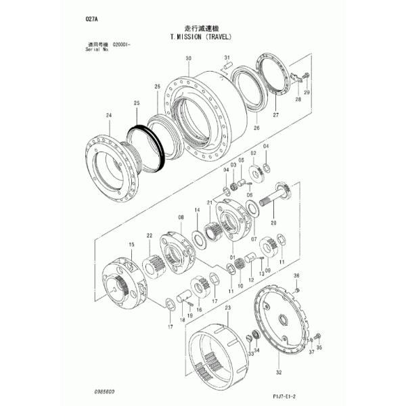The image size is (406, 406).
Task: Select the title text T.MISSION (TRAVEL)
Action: tap(202, 39)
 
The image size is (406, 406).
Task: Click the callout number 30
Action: tap(188, 60)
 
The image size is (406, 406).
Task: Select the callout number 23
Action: tap(227, 308)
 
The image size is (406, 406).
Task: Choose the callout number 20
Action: tap(273, 221)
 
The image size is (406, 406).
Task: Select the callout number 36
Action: tap(295, 276)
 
